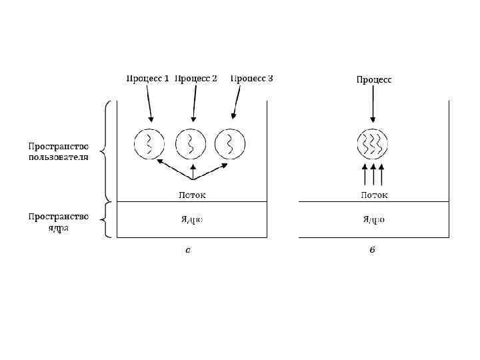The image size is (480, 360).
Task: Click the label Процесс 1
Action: [147, 79]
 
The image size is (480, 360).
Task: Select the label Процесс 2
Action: [196, 79]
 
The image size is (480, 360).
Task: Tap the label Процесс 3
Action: [251, 79]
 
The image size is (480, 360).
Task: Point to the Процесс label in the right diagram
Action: [373, 79]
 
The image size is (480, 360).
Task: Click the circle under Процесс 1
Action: [149, 143]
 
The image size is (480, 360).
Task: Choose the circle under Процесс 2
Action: [190, 143]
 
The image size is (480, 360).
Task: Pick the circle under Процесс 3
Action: [231, 143]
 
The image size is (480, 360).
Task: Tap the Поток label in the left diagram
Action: [192, 195]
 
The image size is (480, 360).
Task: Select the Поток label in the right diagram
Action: [374, 195]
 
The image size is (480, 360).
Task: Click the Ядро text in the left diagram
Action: [192, 219]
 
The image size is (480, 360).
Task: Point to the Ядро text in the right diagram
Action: [374, 219]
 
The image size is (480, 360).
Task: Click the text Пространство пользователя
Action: [59, 151]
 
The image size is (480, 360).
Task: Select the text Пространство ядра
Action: [59, 222]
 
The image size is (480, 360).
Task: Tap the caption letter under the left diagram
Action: [189, 251]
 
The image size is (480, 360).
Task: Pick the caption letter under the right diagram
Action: [372, 251]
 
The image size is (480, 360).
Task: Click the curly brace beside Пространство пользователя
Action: [105, 151]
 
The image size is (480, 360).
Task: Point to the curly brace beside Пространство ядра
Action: [105, 220]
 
